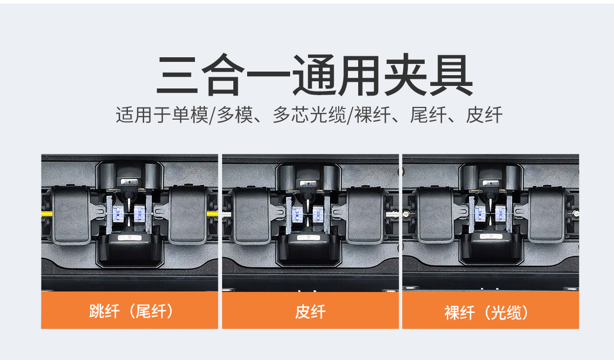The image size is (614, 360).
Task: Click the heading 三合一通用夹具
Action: click(314, 75)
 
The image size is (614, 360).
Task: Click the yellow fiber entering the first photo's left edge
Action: click(47, 213)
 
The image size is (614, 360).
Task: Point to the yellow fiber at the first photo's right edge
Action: click(212, 213)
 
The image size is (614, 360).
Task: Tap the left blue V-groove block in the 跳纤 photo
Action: click(118, 214)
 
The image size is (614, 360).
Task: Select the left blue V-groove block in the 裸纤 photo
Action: click(480, 214)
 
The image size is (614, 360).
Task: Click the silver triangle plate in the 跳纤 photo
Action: click(129, 238)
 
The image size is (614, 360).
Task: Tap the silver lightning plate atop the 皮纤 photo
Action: click(308, 183)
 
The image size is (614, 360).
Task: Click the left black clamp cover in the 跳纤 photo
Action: click(71, 215)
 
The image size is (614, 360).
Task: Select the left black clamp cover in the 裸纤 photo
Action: click(435, 215)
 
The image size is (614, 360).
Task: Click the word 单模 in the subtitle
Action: click(190, 115)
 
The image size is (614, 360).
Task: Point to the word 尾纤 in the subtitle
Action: click(428, 115)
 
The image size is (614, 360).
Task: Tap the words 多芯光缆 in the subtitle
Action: click(310, 115)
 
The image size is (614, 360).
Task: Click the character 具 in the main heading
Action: click(451, 75)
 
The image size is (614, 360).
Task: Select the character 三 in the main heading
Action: click(177, 75)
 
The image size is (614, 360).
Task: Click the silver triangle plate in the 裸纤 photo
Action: click(491, 236)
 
